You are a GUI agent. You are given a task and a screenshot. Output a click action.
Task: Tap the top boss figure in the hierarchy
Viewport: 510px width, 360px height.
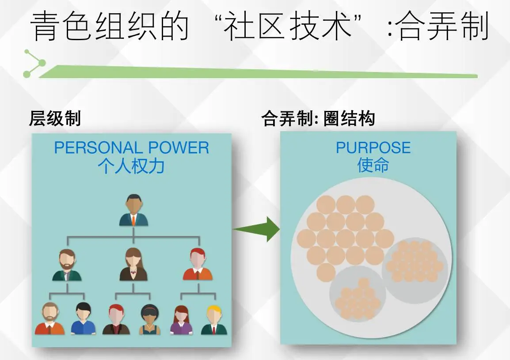click(133, 210)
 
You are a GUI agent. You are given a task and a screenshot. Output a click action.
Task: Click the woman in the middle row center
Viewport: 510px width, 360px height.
click(133, 265)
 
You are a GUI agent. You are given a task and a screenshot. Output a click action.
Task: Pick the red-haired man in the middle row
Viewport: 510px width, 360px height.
click(198, 265)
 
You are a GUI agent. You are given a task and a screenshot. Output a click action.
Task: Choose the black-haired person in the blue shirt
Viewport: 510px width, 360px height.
click(83, 319)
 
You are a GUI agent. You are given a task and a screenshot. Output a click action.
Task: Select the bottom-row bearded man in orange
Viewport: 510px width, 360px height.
click(50, 319)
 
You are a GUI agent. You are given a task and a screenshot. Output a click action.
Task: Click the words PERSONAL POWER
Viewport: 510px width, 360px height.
click(131, 148)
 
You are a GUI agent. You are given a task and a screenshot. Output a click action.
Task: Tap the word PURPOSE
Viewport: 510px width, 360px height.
click(373, 148)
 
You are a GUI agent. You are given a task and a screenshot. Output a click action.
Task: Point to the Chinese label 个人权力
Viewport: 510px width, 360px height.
click(132, 166)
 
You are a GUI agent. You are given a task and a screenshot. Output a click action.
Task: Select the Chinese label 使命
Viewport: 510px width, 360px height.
click(373, 165)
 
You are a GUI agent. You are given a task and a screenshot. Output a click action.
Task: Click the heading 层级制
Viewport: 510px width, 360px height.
click(55, 118)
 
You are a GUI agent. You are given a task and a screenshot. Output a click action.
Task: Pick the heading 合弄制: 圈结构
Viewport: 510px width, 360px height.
click(318, 118)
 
